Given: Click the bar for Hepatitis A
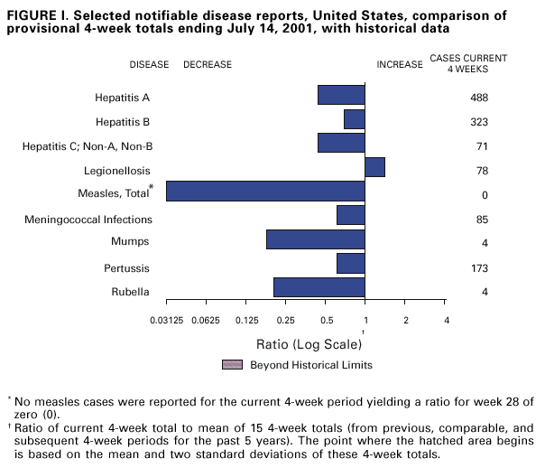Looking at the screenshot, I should pos(341,95).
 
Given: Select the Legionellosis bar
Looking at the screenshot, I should pos(374,167).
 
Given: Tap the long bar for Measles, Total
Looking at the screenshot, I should pos(265,191).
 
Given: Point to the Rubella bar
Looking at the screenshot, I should pos(319,287).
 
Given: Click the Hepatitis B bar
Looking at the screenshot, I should pos(354,119).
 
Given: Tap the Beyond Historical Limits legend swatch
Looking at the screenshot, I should pos(233,364).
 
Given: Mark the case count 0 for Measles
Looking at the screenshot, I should pos(485,195).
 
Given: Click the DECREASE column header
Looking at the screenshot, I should pos(208,65).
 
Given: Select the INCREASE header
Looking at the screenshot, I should pos(400,65).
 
